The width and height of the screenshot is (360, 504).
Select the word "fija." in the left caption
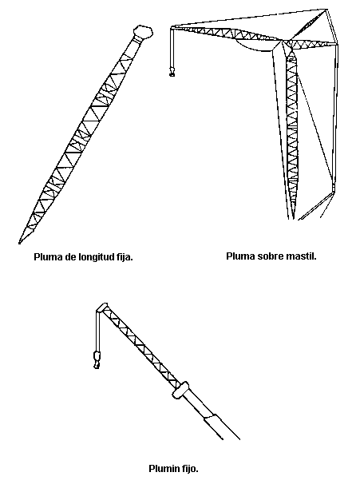[124, 257]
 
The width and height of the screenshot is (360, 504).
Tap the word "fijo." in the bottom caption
[190, 469]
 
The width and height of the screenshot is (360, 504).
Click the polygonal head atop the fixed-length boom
[143, 32]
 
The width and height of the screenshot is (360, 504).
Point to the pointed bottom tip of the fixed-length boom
[19, 243]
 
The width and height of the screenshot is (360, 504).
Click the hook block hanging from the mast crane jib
[172, 72]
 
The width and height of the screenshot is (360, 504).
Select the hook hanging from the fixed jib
[97, 360]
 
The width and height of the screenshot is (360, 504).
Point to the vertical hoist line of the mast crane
[172, 48]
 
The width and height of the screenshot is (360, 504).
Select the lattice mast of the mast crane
[291, 132]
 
